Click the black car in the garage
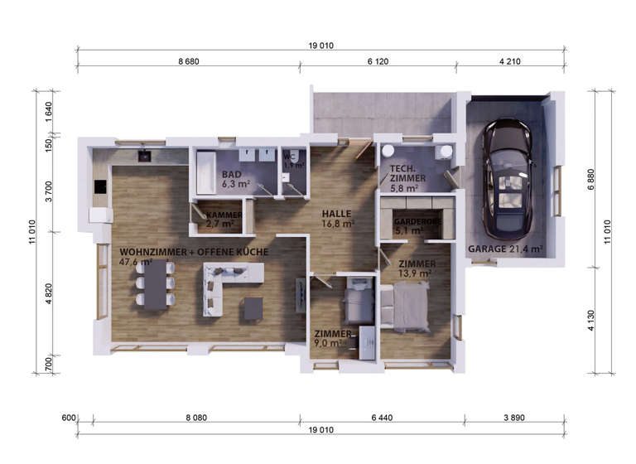coord(507,177)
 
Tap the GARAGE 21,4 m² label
coord(505,249)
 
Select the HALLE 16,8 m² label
coord(338,218)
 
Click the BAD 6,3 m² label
coord(235,179)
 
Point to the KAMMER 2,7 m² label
coord(224,219)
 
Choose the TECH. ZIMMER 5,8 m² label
coord(407,178)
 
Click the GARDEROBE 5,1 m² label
coord(412,226)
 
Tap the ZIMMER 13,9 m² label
coord(416,268)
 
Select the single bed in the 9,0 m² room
coord(359,302)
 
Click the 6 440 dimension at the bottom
coord(387,418)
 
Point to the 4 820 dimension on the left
coord(48,295)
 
